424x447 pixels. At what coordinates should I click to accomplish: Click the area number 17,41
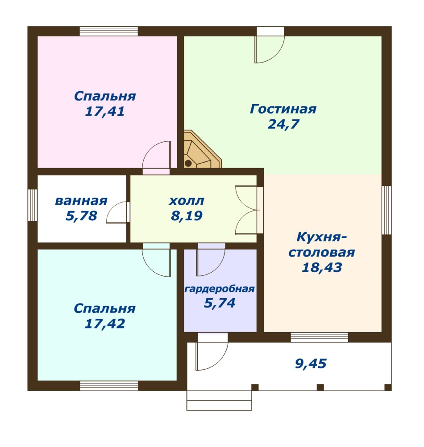click(105, 111)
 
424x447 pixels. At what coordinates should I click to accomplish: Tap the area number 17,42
click(105, 324)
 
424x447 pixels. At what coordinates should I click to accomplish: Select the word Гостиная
click(283, 109)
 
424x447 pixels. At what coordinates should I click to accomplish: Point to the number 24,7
click(283, 124)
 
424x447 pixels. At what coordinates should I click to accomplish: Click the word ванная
click(81, 201)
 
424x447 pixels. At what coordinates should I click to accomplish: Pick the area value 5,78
click(81, 216)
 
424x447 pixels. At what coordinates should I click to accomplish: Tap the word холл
click(187, 201)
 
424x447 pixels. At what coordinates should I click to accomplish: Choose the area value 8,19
click(187, 216)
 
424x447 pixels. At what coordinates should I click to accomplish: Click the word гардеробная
click(220, 289)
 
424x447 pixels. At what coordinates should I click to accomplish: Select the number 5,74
click(220, 303)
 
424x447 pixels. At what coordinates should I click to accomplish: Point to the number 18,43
click(322, 268)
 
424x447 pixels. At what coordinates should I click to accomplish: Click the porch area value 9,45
click(311, 364)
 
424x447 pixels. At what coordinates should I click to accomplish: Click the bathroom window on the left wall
click(33, 205)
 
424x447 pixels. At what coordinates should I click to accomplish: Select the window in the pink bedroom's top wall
click(109, 31)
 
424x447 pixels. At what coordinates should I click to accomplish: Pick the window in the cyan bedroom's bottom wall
click(109, 386)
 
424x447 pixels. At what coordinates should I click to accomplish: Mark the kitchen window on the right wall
click(387, 210)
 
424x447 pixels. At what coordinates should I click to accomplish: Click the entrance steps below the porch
click(219, 400)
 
